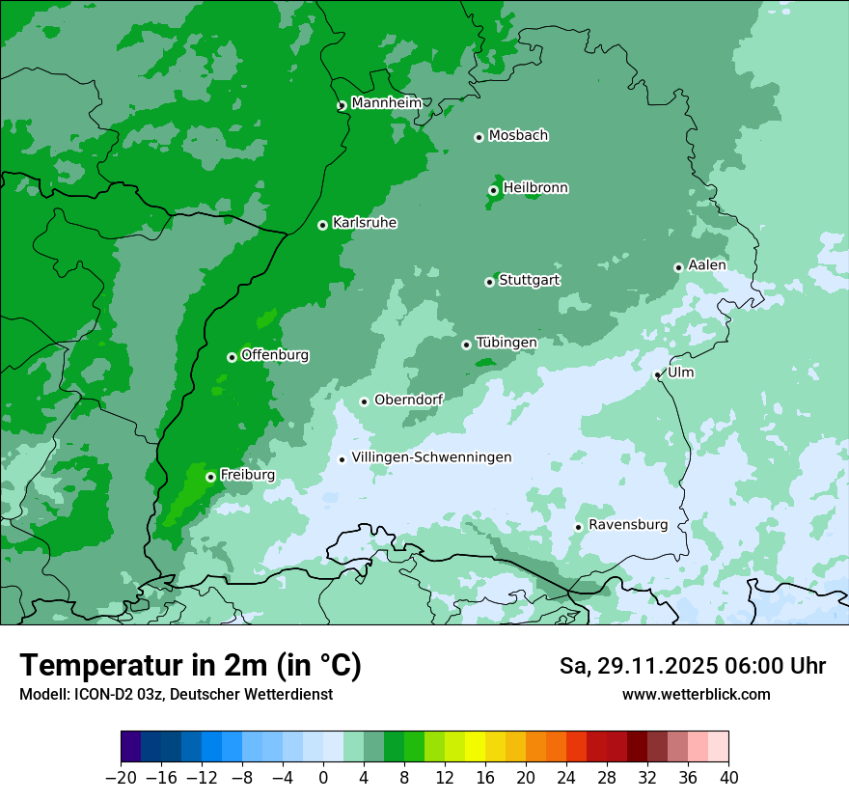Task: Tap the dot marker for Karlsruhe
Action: [322, 225]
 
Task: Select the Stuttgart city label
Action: [529, 281]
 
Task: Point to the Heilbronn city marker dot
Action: [493, 190]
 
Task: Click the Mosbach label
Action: [518, 136]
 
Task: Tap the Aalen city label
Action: [707, 265]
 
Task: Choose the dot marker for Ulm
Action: [657, 374]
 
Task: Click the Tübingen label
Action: [507, 343]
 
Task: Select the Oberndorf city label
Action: [409, 400]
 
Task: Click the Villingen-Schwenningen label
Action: [431, 457]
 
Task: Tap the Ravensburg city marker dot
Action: [578, 527]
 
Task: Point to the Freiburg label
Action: [247, 475]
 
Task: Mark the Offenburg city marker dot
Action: [232, 357]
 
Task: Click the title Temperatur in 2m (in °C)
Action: [190, 665]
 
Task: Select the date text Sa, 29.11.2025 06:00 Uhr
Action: [692, 666]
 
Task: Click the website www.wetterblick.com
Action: [696, 694]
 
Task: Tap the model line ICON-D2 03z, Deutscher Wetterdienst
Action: [176, 694]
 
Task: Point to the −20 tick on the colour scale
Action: [121, 778]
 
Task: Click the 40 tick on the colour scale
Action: [728, 778]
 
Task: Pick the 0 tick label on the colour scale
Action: [323, 778]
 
